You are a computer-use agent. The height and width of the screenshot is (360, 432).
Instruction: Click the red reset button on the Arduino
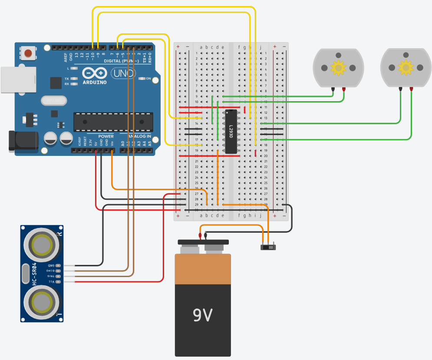(x=28, y=53)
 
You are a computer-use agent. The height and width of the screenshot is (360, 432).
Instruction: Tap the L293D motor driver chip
(x=231, y=132)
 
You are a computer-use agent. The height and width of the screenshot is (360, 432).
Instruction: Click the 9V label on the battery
(x=203, y=314)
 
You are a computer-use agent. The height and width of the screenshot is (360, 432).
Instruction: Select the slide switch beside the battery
(x=268, y=247)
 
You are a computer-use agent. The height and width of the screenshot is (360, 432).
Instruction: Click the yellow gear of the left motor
(x=338, y=67)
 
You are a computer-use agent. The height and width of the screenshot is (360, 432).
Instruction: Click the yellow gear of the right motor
(x=406, y=67)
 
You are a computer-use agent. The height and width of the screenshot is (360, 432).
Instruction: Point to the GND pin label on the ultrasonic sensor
(x=51, y=265)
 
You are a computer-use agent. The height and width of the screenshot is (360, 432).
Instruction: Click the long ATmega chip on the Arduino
(x=113, y=122)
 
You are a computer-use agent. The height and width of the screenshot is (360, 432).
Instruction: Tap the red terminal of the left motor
(x=344, y=89)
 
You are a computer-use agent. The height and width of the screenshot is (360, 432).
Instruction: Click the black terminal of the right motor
(x=400, y=89)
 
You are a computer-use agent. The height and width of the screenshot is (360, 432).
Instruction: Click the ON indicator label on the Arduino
(x=148, y=79)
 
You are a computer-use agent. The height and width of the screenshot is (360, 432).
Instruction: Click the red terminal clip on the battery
(x=200, y=236)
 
